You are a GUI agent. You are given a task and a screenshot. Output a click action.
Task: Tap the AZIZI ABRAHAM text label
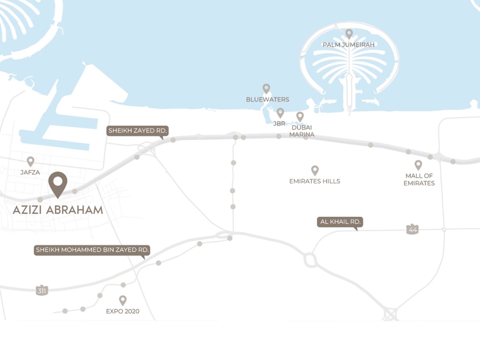[58, 210]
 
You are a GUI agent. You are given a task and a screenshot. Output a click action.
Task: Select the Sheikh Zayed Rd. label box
[137, 131]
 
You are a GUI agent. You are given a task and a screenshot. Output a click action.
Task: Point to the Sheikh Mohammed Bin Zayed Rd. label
[92, 250]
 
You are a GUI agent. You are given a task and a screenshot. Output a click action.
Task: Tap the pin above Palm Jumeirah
[349, 33]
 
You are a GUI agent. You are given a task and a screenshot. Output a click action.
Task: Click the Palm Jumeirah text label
[349, 45]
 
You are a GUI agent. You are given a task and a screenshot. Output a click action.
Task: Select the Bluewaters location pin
[266, 88]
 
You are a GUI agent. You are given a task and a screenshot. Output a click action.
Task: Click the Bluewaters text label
[267, 99]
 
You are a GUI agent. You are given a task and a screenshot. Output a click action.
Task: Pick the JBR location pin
[280, 112]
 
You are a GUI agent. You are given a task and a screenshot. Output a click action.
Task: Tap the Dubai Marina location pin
[300, 116]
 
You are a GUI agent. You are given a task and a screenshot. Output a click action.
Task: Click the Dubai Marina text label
[302, 131]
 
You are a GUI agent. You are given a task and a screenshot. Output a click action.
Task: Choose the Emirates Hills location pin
[315, 170]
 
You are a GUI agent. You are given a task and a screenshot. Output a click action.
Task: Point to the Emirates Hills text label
[315, 181]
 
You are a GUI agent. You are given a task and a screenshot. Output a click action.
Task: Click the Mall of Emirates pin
[418, 165]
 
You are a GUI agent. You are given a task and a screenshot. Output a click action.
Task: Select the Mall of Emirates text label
[419, 180]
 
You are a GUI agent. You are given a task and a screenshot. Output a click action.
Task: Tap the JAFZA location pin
[30, 161]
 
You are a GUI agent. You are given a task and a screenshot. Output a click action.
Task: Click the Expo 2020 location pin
[123, 300]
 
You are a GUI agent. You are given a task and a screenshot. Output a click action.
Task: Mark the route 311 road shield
[42, 291]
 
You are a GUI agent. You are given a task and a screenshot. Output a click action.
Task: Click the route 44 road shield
[412, 229]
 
